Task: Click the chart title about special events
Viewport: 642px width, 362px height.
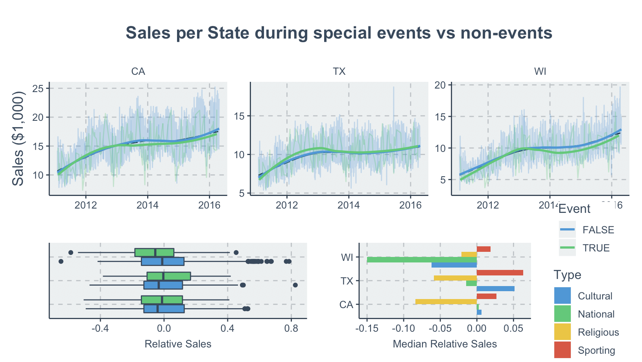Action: point(339,33)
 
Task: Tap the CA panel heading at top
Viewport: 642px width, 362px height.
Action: point(138,72)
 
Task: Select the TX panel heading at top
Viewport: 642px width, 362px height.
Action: point(339,72)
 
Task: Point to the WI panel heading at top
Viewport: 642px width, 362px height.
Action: point(540,72)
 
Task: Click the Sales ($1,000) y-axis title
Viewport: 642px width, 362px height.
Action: point(18,138)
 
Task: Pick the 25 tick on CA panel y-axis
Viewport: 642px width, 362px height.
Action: point(38,89)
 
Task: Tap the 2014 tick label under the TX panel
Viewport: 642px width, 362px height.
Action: point(349,205)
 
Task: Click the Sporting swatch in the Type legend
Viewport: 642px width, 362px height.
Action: point(562,350)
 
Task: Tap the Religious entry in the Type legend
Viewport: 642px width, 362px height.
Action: point(598,332)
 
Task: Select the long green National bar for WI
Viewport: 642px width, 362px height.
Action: point(422,260)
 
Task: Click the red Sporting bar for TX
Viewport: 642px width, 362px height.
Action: point(500,273)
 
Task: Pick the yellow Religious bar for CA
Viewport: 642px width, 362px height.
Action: point(446,302)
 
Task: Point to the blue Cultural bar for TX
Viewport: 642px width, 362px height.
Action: point(495,289)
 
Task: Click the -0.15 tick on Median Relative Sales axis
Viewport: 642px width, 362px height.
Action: point(367,328)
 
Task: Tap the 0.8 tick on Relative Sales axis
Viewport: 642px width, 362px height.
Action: point(291,328)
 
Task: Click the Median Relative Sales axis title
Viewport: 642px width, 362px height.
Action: point(445,344)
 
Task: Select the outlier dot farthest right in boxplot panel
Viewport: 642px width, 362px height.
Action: point(295,285)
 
